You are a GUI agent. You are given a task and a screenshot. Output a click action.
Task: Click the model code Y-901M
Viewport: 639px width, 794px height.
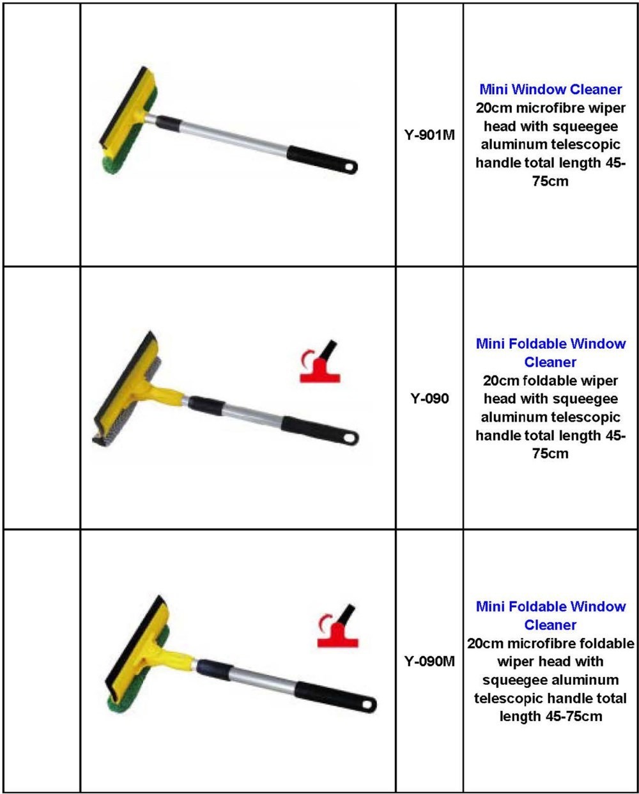429,135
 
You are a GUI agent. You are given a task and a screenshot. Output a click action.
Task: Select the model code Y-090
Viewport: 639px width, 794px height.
429,399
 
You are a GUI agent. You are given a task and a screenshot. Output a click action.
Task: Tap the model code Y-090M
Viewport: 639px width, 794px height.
429,662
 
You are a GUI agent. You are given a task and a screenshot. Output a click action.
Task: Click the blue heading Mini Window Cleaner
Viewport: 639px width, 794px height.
550,89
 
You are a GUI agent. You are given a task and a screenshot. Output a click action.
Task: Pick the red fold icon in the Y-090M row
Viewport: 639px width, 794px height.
338,626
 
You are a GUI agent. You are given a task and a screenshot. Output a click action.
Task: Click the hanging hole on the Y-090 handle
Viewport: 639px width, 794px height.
350,438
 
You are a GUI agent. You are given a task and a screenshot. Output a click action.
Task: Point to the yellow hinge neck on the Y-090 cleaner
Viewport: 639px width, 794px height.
162,393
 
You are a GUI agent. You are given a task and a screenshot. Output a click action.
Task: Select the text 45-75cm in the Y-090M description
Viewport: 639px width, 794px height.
574,717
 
